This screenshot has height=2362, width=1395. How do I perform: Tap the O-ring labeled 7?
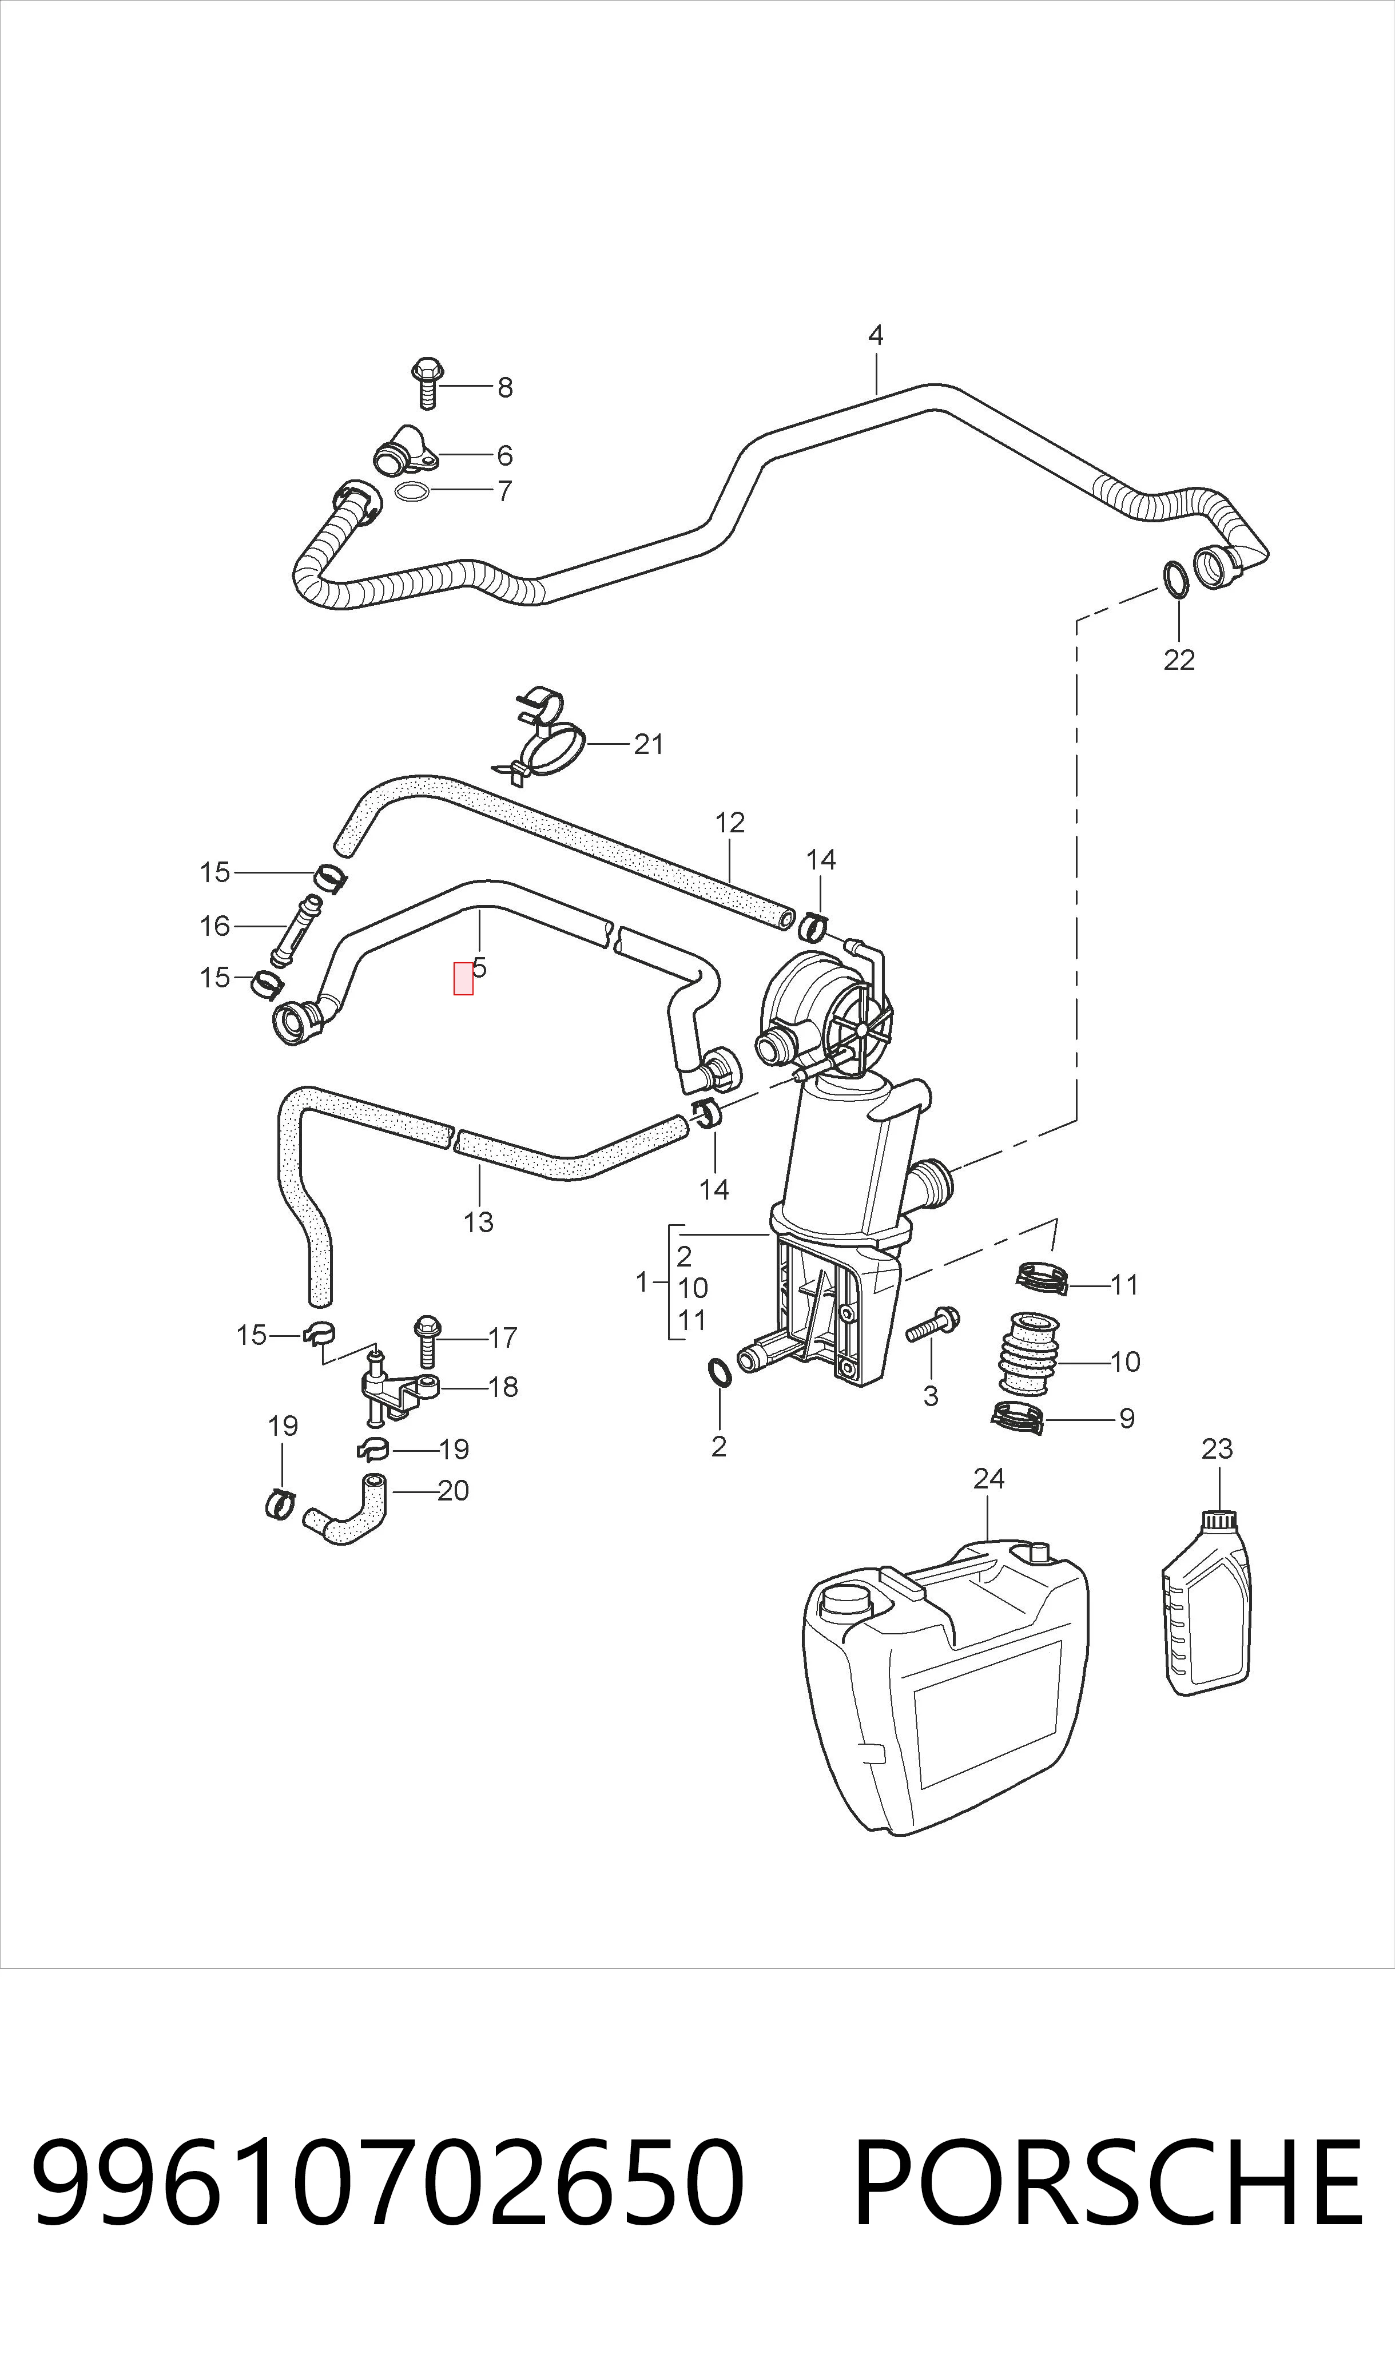coord(413,491)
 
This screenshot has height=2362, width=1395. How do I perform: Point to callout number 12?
coord(729,823)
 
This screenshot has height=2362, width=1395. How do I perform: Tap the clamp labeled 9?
coord(1018,1418)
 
